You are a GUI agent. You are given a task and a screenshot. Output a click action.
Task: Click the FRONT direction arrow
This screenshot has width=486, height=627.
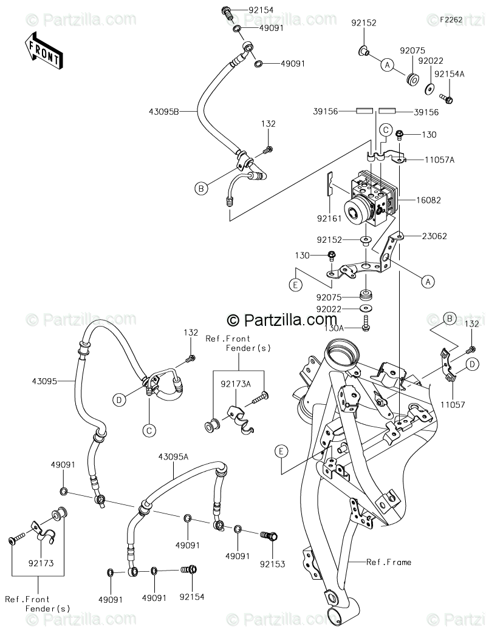point(42,49)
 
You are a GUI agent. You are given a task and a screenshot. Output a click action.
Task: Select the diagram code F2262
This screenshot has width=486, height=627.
point(451,19)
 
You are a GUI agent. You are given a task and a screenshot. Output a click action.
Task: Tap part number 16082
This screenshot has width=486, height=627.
point(428,200)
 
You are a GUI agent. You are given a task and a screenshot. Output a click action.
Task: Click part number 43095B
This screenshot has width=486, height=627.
point(163,112)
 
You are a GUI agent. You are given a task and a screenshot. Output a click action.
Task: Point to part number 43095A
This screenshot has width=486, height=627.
point(173,456)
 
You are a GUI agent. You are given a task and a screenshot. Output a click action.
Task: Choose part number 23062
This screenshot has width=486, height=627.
point(434,236)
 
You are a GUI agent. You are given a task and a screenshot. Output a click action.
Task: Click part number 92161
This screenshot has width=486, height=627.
point(329,219)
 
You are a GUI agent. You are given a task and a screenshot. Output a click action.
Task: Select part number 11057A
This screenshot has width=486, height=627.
point(440,160)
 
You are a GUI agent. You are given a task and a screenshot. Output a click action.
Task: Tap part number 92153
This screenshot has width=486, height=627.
point(272,564)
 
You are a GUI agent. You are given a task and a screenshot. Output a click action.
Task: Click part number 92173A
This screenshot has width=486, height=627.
point(236,384)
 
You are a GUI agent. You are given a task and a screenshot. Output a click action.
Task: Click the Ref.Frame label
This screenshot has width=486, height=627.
point(389,562)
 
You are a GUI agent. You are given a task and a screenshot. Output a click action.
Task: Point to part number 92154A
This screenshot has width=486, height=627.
point(449,74)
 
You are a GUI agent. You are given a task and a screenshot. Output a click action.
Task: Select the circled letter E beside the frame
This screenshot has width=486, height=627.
point(281,452)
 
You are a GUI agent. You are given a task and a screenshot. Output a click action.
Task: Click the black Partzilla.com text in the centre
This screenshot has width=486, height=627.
point(282,319)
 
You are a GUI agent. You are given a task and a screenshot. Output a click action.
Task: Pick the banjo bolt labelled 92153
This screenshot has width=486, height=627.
point(269,535)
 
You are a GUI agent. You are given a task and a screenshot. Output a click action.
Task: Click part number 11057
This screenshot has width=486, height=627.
point(453,405)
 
